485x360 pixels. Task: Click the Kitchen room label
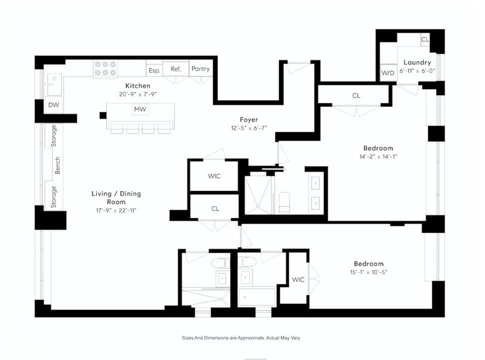[x=138, y=85]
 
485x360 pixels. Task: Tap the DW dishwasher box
[x=53, y=105]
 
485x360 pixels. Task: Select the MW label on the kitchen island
[x=140, y=109]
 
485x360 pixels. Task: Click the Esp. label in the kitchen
[x=154, y=70]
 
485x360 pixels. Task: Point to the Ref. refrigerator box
[x=176, y=69]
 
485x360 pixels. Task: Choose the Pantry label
[x=201, y=68]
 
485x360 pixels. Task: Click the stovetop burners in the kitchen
[x=105, y=68]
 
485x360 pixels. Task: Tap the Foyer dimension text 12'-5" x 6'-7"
[x=249, y=128]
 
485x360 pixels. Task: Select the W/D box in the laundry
[x=388, y=73]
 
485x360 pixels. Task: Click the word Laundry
[x=417, y=62]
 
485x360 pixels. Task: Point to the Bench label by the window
[x=57, y=165]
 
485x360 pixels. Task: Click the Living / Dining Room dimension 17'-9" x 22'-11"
[x=116, y=211]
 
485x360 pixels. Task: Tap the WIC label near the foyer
[x=214, y=176]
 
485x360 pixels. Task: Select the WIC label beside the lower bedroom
[x=298, y=279]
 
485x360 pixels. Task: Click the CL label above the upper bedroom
[x=356, y=96]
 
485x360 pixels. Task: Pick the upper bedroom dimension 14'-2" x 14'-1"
[x=378, y=156]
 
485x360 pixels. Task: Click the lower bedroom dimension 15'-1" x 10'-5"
[x=369, y=272]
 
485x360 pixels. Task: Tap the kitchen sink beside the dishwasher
[x=53, y=85]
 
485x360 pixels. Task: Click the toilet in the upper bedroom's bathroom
[x=284, y=202]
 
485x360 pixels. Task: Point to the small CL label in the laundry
[x=425, y=39]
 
